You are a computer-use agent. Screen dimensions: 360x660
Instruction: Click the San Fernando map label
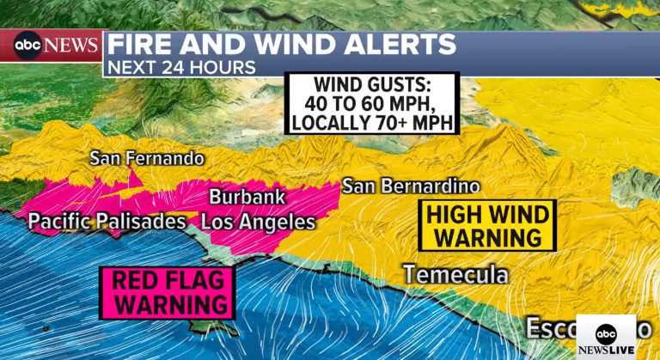[x=148, y=159]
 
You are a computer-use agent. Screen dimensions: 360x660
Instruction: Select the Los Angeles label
[x=259, y=222]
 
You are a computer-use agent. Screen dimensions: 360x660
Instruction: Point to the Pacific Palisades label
[x=107, y=222]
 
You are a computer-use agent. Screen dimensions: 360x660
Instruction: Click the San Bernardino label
[x=411, y=186]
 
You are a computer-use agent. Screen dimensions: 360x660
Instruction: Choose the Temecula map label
[x=455, y=275]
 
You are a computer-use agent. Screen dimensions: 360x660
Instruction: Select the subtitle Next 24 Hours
[x=181, y=67]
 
